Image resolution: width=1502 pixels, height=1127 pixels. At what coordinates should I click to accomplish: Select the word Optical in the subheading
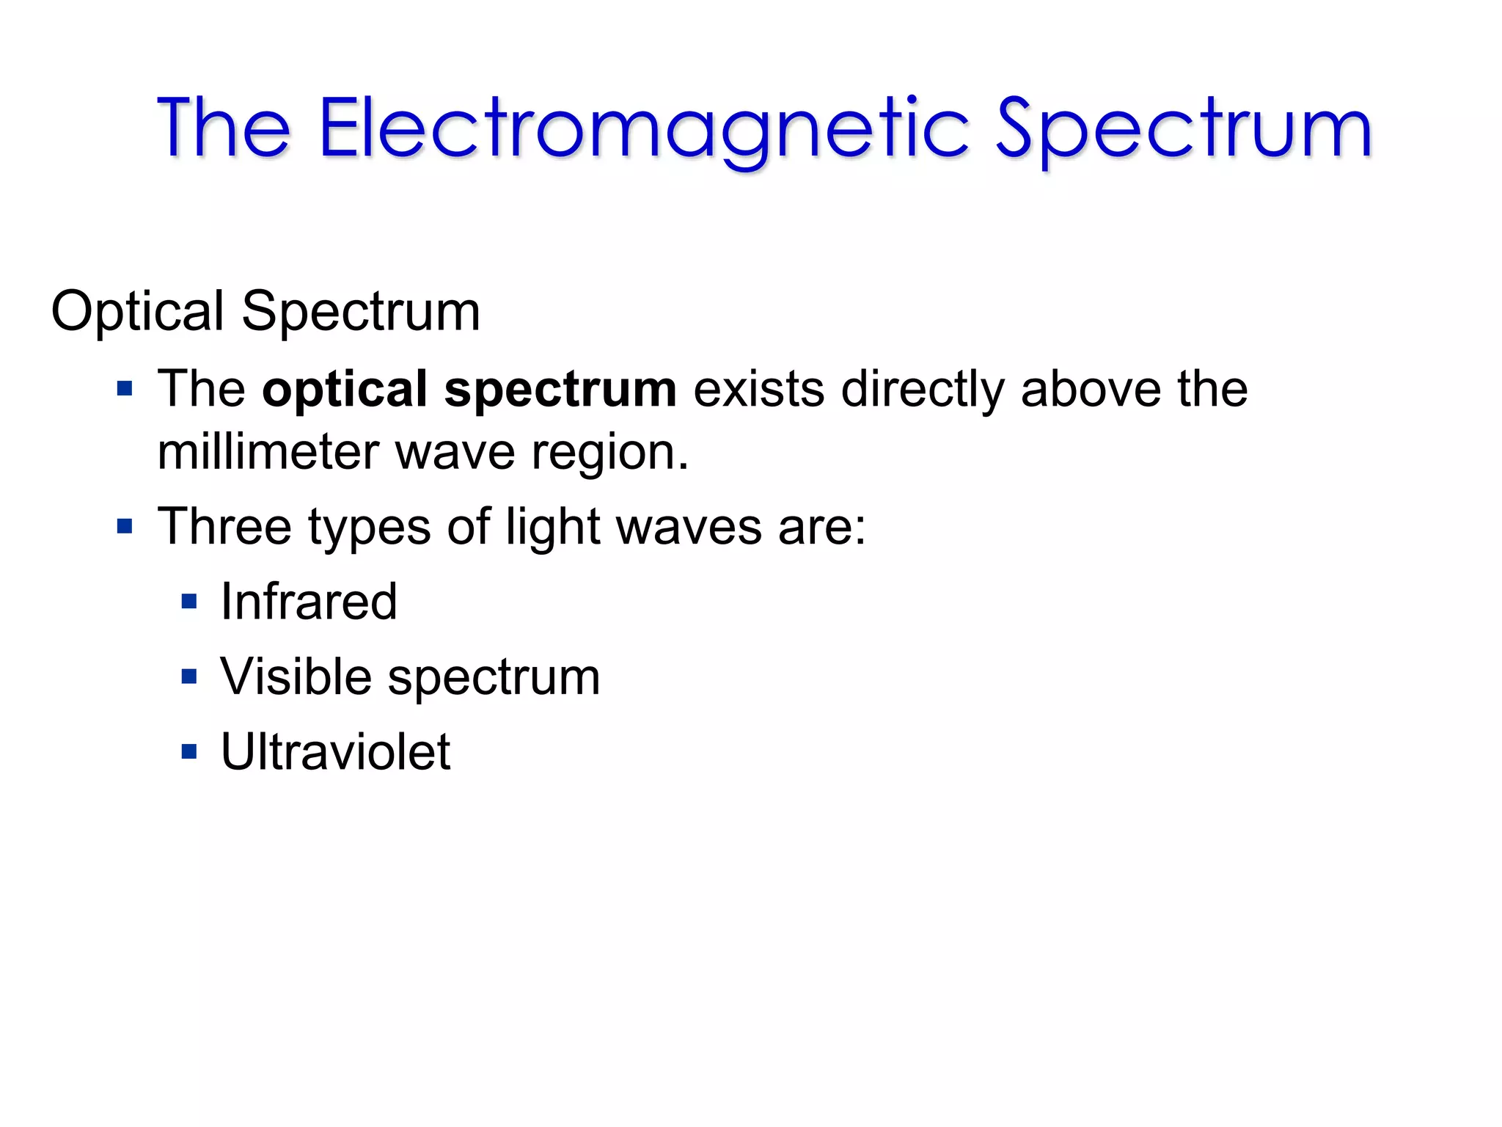pos(137,312)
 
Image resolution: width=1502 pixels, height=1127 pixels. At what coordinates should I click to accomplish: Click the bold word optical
pos(345,389)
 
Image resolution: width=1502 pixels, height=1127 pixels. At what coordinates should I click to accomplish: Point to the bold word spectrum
pos(560,389)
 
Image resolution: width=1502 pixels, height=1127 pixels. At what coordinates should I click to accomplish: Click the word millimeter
pos(268,452)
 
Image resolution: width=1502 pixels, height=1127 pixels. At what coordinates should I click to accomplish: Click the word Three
pos(224,527)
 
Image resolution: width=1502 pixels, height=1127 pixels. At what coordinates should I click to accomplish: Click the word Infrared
pos(309,602)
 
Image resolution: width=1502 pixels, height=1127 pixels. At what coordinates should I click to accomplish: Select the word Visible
pos(296,676)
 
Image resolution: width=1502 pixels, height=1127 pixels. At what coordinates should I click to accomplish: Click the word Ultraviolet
pos(335,752)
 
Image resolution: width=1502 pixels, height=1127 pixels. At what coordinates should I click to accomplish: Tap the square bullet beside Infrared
pos(189,602)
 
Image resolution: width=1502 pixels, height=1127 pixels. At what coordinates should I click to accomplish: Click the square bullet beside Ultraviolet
pos(189,752)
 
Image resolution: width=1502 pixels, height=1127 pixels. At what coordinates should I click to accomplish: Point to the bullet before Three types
pos(125,527)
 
